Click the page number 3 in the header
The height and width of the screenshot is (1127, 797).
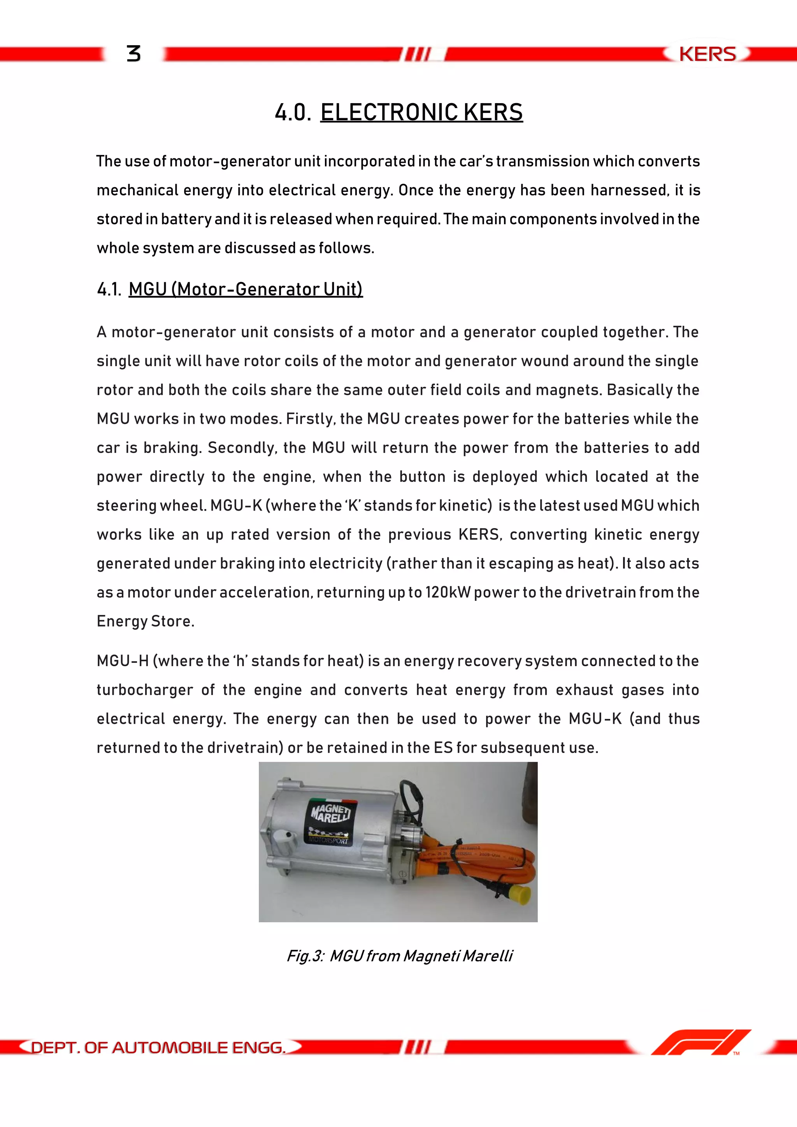tap(133, 53)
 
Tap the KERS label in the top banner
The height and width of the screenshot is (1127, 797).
tap(707, 54)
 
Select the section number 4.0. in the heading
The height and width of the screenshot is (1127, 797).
tap(293, 112)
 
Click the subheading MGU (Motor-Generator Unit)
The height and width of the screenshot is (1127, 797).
tap(246, 289)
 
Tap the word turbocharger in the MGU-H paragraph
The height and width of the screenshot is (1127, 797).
tap(145, 690)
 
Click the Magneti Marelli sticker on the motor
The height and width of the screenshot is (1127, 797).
tap(330, 821)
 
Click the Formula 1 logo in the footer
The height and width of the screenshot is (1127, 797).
tap(700, 1042)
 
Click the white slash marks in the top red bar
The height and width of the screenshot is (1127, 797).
tap(417, 54)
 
